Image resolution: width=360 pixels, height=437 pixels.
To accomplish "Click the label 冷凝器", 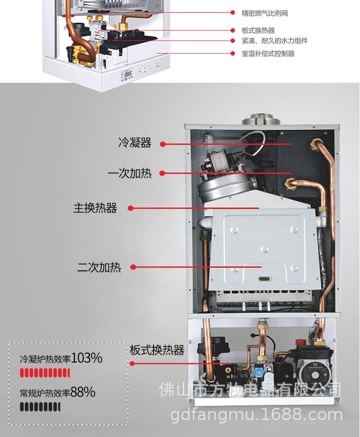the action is (135, 143).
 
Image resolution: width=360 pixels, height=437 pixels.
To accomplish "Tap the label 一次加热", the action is (130, 173).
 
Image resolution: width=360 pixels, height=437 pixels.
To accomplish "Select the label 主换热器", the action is (95, 208).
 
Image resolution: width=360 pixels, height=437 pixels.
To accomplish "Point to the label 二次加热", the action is (99, 267).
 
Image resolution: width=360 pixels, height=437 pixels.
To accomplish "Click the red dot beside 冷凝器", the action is (163, 144).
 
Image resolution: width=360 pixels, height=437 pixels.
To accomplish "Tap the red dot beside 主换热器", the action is (130, 208).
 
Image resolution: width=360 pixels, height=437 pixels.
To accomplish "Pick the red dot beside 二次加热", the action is (133, 267).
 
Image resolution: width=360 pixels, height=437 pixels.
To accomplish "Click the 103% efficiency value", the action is (87, 358).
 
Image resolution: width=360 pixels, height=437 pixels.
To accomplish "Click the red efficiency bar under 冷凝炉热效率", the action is (45, 373).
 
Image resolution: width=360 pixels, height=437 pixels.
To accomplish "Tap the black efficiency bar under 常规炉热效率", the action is (40, 407).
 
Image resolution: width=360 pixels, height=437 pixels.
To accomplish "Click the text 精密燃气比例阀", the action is (265, 13).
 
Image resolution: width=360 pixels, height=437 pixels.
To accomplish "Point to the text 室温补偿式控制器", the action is (268, 53).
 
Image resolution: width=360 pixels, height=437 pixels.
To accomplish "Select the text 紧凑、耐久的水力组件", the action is (275, 41).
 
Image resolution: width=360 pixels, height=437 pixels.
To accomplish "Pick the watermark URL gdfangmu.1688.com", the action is (257, 414).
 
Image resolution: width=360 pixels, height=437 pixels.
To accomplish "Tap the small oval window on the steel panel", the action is (265, 279).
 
